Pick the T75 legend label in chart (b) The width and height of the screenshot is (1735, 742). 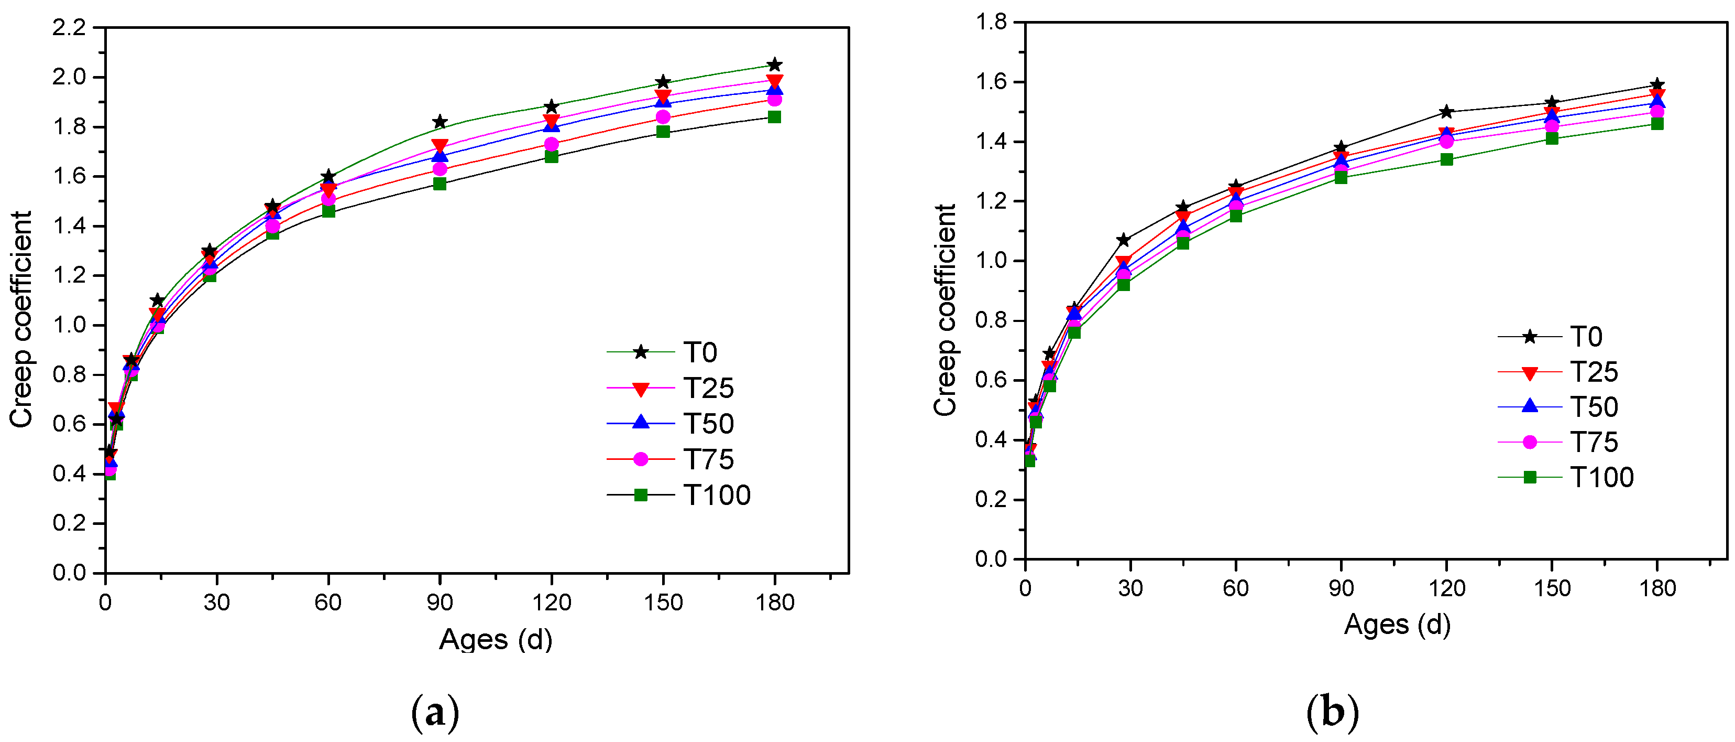[1594, 442]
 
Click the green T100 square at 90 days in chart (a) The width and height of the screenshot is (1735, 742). [440, 184]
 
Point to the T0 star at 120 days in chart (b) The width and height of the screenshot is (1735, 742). [1446, 112]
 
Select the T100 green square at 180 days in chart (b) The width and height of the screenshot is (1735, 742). [1657, 123]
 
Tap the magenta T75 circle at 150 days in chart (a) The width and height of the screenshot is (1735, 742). [663, 117]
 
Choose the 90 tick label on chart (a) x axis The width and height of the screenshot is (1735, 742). [440, 602]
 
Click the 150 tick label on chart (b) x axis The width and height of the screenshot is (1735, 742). [1552, 588]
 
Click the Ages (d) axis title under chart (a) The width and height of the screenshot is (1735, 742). [496, 639]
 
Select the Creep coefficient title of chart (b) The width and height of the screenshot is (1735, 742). [945, 310]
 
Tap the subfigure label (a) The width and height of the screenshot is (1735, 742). [435, 712]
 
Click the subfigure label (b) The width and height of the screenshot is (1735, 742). [1332, 712]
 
